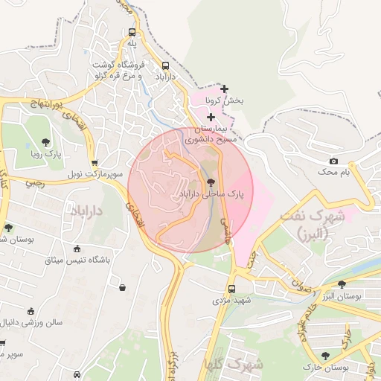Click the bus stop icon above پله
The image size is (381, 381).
(132, 33)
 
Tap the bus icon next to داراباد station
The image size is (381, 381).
(164, 65)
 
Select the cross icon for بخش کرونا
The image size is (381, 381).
(224, 89)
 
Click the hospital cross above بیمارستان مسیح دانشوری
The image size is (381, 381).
(211, 117)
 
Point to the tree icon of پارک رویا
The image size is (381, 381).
(46, 141)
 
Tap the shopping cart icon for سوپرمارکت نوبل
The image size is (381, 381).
(94, 162)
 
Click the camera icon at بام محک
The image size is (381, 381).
(333, 161)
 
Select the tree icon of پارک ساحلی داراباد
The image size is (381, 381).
(211, 182)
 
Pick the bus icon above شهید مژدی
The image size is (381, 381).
(231, 288)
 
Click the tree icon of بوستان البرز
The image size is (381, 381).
(342, 284)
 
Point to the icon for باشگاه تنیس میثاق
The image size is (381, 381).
(77, 249)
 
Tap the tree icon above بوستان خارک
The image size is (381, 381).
(325, 356)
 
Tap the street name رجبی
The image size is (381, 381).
(36, 181)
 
